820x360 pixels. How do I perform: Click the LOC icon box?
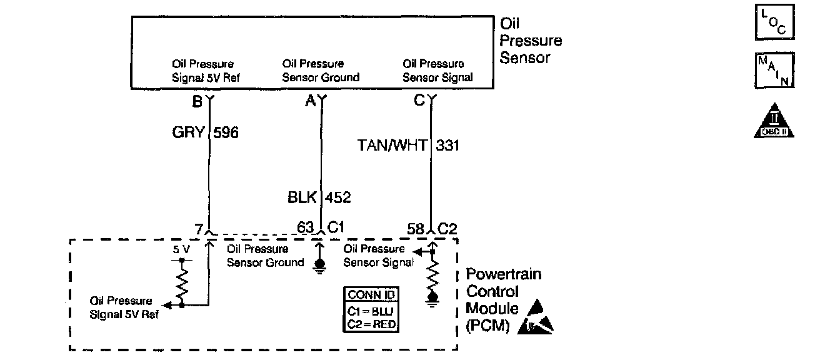click(775, 22)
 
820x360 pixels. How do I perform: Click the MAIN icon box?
click(775, 70)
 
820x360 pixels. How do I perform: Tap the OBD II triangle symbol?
click(774, 121)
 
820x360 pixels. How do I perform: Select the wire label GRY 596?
click(205, 132)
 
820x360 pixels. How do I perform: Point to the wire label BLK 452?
click(319, 198)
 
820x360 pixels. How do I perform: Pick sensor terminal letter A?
click(310, 101)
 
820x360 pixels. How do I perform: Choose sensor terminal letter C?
click(419, 101)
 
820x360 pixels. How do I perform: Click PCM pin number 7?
click(198, 229)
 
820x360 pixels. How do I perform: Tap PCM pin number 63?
click(305, 228)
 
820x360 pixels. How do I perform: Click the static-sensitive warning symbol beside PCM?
click(537, 317)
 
